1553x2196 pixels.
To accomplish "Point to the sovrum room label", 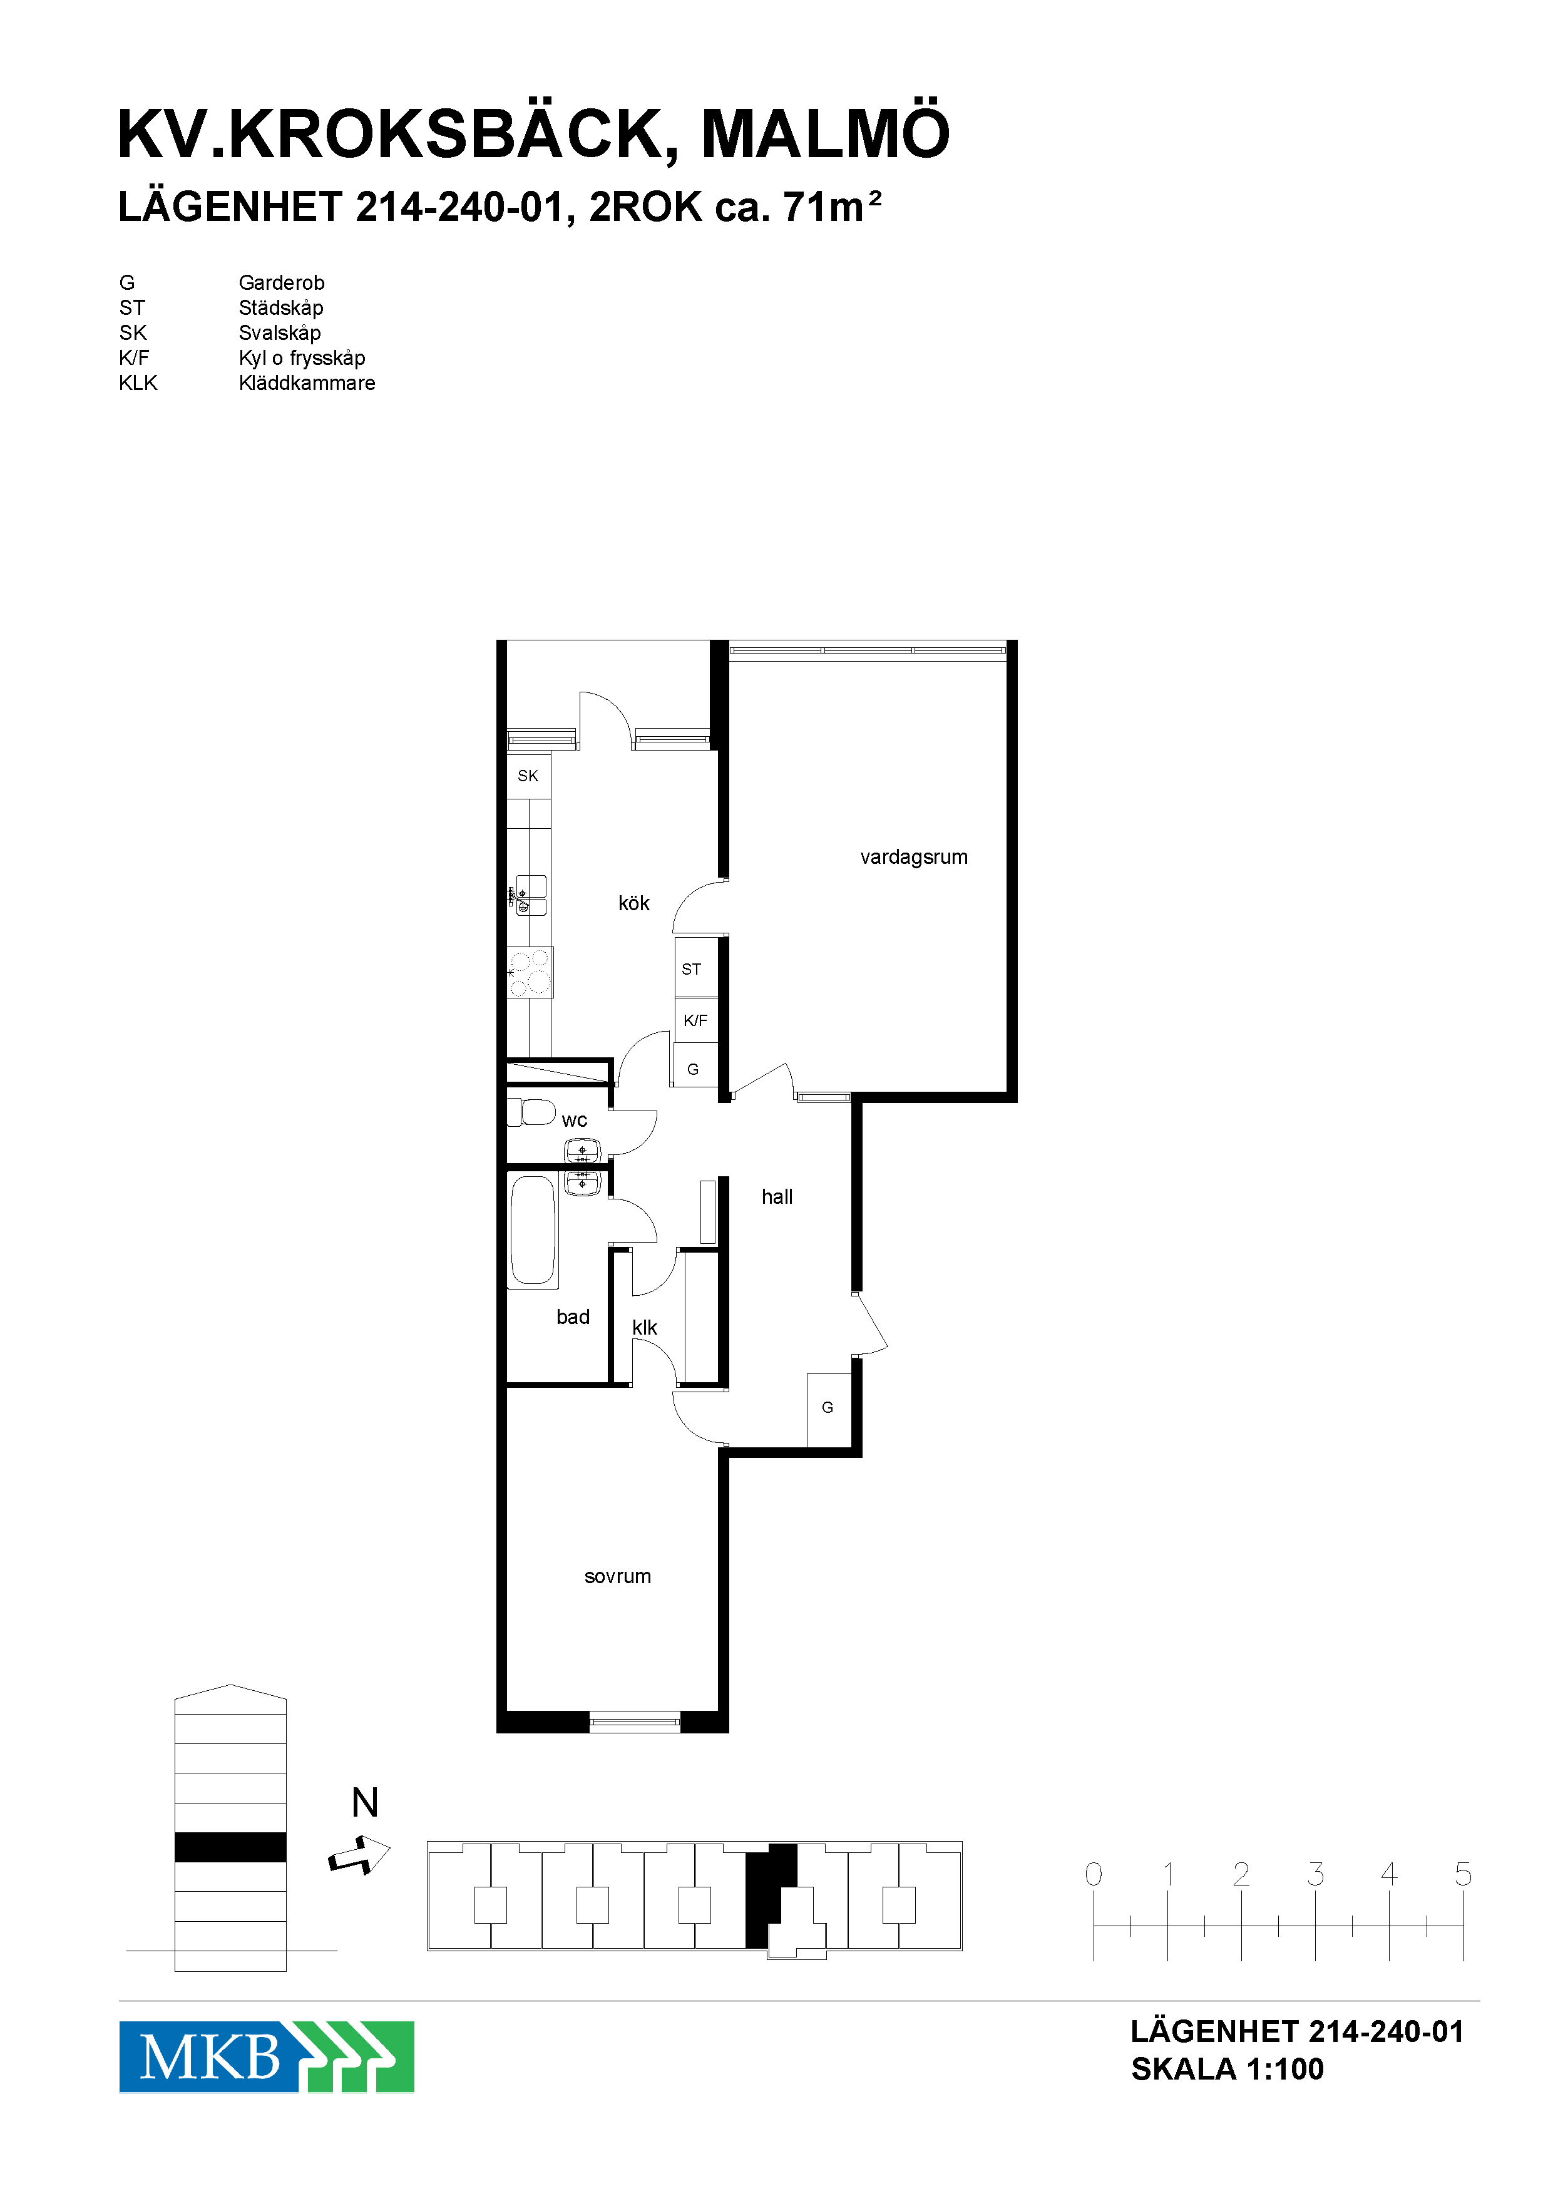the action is point(618,1576).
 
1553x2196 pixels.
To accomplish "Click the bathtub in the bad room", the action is point(533,1231).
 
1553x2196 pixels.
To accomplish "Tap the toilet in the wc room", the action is point(531,1112).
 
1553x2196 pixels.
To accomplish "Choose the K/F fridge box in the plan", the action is point(696,1020).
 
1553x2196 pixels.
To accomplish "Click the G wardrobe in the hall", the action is point(828,1408).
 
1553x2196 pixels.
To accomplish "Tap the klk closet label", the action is point(645,1328).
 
